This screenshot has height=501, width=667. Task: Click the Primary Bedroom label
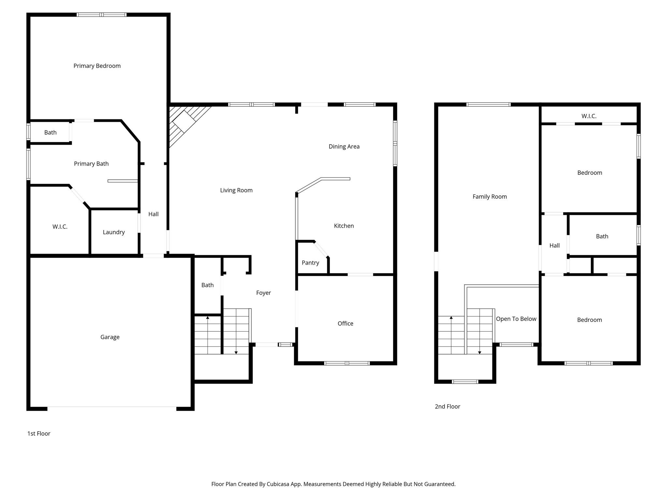click(x=97, y=66)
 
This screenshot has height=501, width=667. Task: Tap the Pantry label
click(x=310, y=263)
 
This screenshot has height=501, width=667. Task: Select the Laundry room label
click(x=114, y=232)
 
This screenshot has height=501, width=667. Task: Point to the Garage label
click(x=110, y=337)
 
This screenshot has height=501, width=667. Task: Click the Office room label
click(x=345, y=323)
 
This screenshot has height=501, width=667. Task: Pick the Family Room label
click(x=490, y=196)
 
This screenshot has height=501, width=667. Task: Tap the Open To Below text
click(x=516, y=319)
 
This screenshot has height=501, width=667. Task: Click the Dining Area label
click(x=344, y=146)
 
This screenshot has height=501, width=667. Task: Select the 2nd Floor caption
click(x=447, y=406)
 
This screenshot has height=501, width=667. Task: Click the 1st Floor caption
click(x=39, y=433)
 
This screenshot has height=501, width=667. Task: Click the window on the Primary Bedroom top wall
click(x=102, y=15)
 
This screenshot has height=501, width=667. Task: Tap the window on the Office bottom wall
click(x=347, y=363)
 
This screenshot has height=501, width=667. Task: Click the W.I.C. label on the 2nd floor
click(x=589, y=116)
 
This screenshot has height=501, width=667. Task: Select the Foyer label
click(x=263, y=293)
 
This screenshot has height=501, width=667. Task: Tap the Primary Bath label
click(x=91, y=164)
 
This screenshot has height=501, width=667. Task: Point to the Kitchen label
click(x=344, y=226)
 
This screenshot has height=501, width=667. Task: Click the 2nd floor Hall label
click(x=554, y=246)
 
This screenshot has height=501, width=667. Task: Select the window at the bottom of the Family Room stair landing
click(x=465, y=382)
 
